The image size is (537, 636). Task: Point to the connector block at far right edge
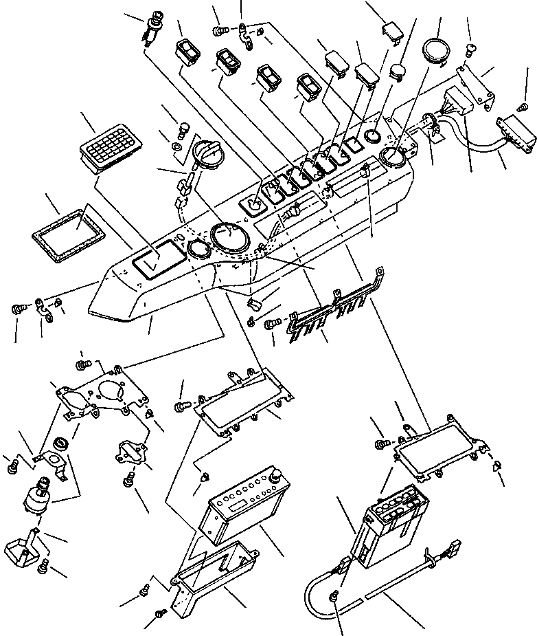point(516,132)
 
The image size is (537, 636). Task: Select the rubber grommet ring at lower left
point(59,442)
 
